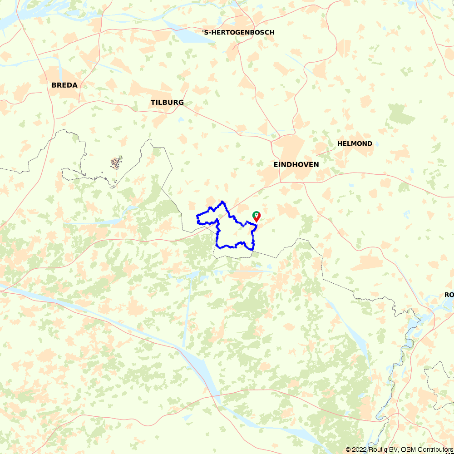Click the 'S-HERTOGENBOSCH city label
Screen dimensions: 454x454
[238, 32]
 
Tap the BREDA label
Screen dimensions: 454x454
[64, 85]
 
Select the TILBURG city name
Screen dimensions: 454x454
[167, 103]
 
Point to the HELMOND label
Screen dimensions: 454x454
[355, 143]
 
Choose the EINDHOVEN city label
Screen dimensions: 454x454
[296, 164]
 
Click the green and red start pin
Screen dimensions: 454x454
[257, 216]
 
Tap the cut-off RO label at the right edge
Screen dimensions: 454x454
[449, 295]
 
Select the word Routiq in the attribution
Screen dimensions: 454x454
[377, 449]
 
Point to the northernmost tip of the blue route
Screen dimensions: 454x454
[222, 201]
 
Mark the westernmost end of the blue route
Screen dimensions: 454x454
[197, 216]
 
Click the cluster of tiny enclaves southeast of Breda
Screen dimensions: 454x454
[117, 163]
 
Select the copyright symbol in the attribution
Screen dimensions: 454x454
[348, 449]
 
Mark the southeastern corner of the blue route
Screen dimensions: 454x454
[252, 248]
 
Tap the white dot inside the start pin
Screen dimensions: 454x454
[257, 214]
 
